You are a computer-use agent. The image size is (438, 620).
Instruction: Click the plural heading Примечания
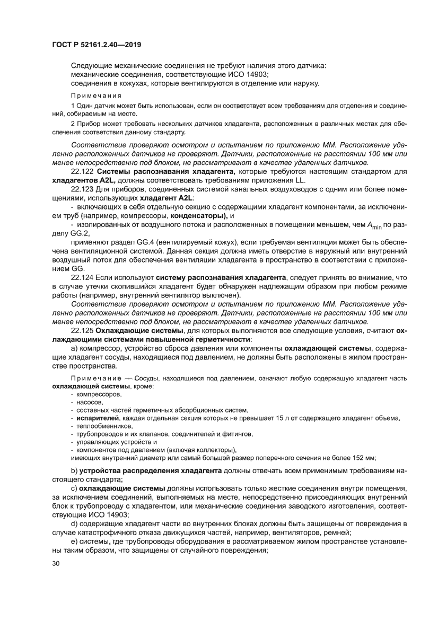[96, 96]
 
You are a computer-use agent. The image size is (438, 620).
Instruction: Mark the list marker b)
[74, 471]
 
